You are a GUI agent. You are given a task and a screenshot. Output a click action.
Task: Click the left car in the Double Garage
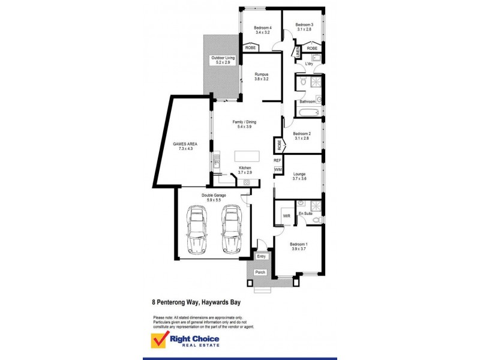point(196,229)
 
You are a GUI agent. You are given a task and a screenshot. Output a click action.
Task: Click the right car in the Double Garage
point(231,229)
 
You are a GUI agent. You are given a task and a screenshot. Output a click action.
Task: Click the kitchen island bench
point(247,155)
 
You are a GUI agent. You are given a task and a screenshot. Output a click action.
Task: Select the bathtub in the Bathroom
point(307,112)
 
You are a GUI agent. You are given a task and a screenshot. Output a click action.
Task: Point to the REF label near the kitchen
point(277,161)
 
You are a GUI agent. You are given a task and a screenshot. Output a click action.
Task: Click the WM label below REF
point(277,170)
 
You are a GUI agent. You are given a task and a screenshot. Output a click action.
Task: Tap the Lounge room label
point(299,176)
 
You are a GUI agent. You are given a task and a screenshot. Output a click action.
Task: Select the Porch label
point(260,272)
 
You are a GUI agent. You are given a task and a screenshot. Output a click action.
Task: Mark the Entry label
point(261,256)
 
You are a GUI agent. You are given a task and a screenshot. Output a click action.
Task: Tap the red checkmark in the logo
point(157,340)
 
